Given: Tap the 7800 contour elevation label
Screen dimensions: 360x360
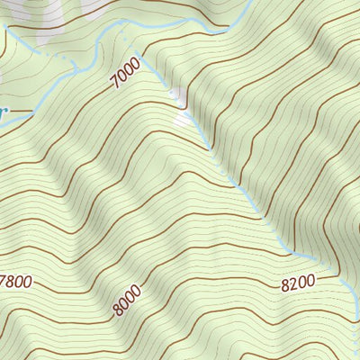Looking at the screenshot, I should pyautogui.click(x=18, y=282).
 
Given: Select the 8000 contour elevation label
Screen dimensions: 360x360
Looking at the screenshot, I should pyautogui.click(x=128, y=299).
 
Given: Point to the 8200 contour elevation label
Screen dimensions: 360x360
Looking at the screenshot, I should pyautogui.click(x=298, y=283).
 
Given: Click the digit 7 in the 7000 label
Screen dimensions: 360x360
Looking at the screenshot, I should pyautogui.click(x=115, y=85).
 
